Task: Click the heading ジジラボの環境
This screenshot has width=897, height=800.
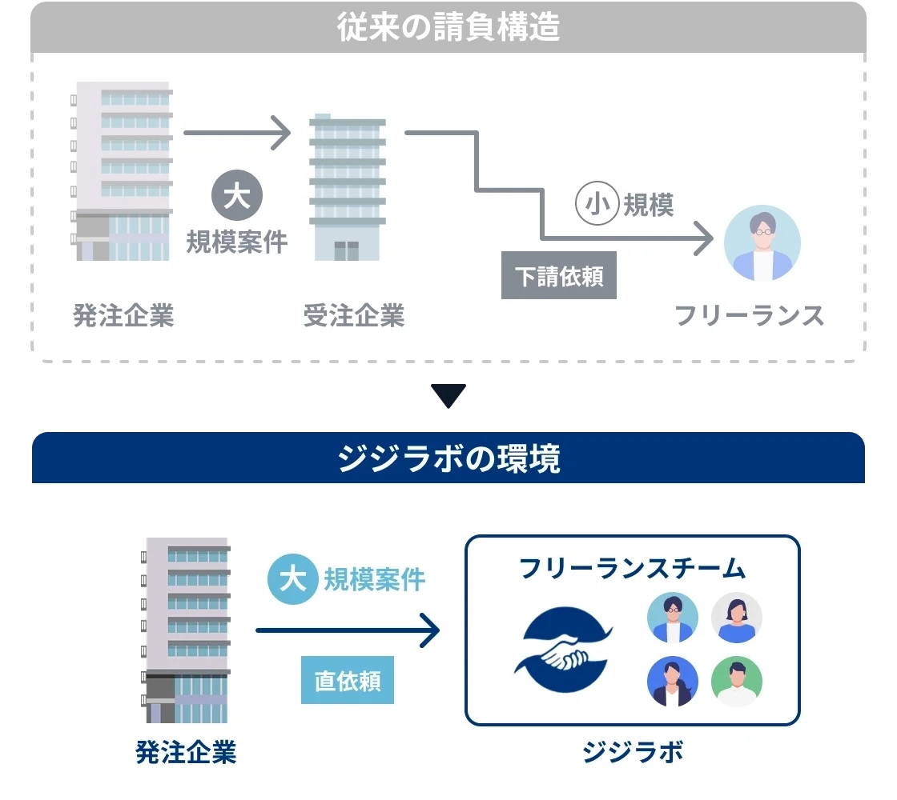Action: tap(448, 459)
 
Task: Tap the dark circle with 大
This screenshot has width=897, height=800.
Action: tap(236, 197)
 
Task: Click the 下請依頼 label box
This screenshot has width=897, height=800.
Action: tap(559, 276)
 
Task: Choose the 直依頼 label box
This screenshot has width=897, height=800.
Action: tap(348, 681)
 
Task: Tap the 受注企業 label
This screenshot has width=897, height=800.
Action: tap(354, 316)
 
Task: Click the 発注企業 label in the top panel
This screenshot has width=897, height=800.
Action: tap(123, 316)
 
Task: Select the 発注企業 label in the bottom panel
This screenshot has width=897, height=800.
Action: tap(186, 753)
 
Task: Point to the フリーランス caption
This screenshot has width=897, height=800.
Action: tap(749, 316)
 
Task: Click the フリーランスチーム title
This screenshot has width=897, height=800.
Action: tap(633, 569)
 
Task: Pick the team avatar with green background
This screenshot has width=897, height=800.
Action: tap(737, 682)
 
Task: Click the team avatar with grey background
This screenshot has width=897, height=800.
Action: tap(737, 618)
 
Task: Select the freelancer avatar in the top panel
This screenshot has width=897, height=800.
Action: tap(762, 243)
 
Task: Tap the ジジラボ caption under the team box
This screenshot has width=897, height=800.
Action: tap(633, 753)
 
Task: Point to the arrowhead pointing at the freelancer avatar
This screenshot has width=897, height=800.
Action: tap(704, 238)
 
